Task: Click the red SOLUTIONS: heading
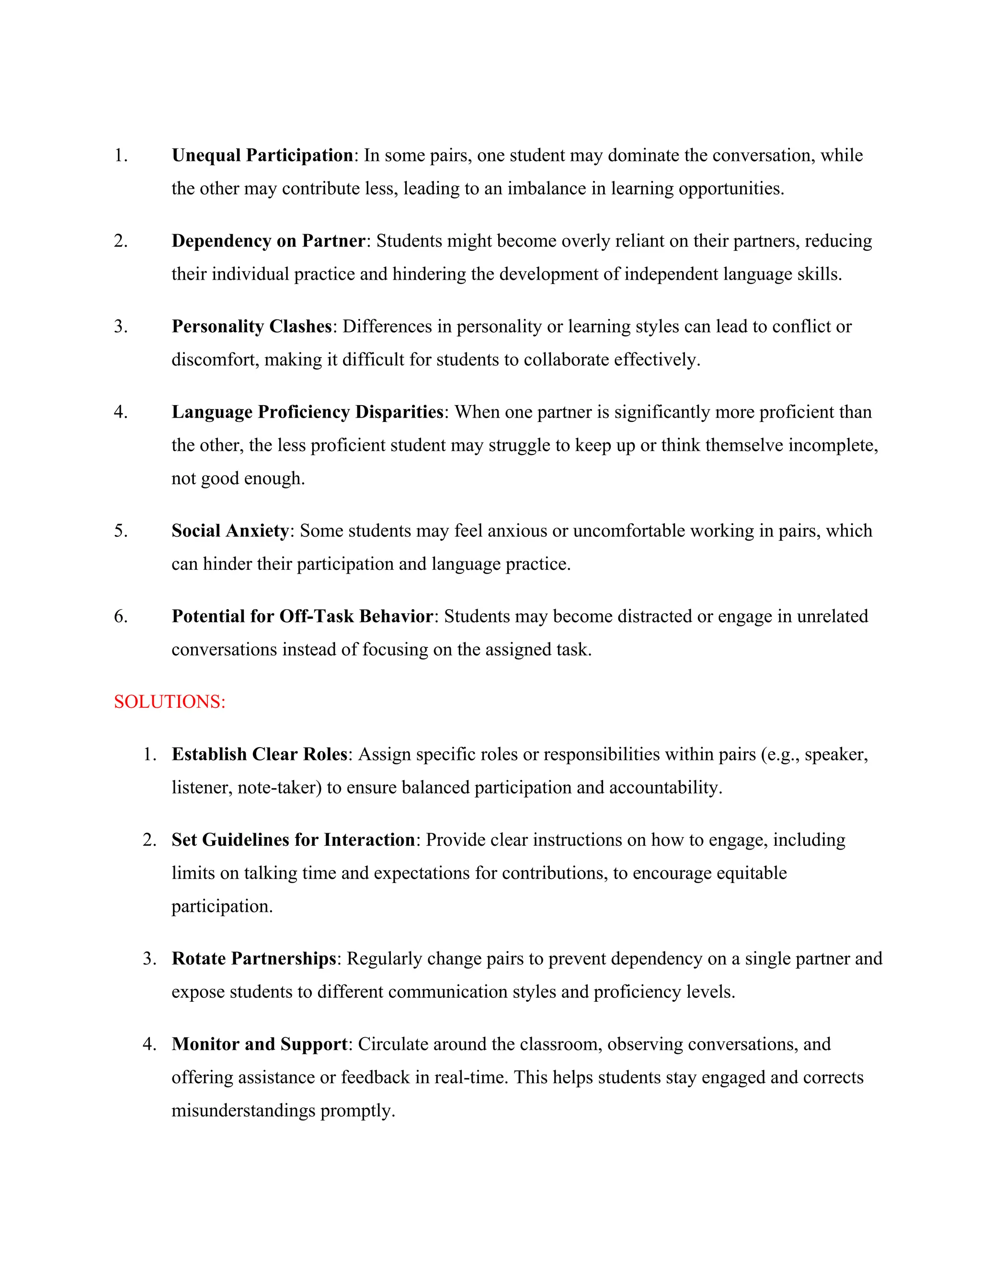[169, 702]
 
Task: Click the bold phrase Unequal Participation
[262, 156]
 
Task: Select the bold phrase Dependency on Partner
[268, 241]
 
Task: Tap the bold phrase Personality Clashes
[251, 327]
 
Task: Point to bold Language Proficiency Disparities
[308, 412]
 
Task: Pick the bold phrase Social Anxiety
[230, 531]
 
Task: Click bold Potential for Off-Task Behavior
[302, 616]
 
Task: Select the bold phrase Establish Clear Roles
[259, 754]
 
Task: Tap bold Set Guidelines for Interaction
[293, 840]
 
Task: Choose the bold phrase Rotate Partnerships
[254, 959]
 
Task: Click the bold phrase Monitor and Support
[259, 1044]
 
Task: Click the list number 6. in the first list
[120, 616]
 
